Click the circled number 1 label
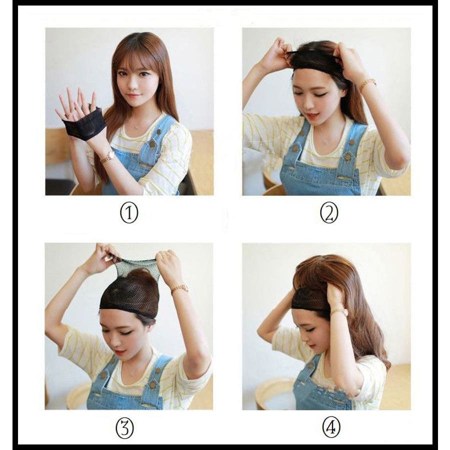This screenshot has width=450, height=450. coord(129,212)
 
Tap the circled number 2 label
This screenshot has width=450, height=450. coord(329,213)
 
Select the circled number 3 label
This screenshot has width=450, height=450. coord(124,428)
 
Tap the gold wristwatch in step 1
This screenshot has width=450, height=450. coord(108,156)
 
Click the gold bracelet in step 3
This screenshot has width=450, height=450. coord(180,288)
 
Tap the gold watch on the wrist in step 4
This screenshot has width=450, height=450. coord(338,312)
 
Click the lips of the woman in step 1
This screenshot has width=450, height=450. coord(133,95)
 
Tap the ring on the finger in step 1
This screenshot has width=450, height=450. coord(66,115)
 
